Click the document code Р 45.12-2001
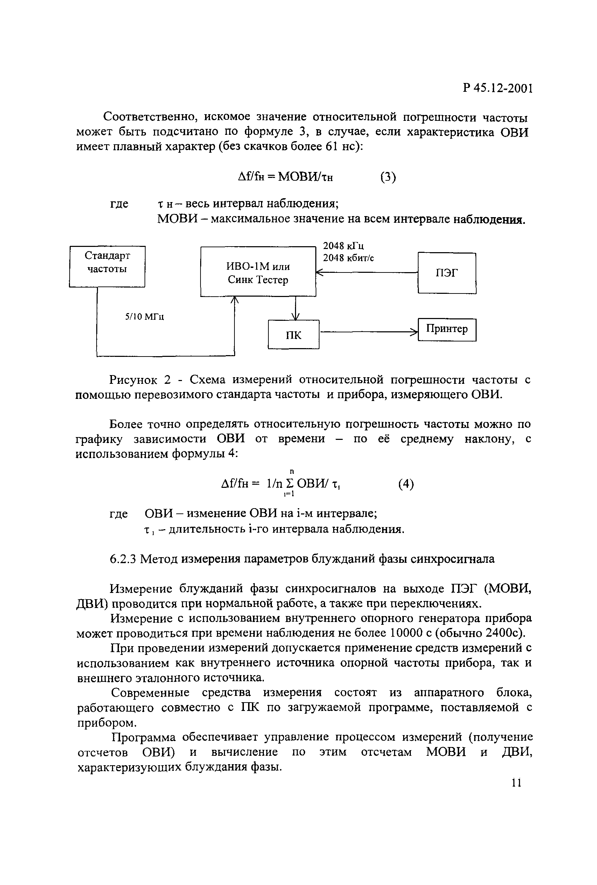497,88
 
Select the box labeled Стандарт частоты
107,266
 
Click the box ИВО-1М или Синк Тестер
258,271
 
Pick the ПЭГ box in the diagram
447,273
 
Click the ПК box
293,334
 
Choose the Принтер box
447,329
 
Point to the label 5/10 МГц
145,317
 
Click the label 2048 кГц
343,246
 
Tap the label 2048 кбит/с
348,258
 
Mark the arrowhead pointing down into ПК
295,317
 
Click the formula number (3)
388,177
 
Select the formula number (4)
406,484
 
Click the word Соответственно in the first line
150,117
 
